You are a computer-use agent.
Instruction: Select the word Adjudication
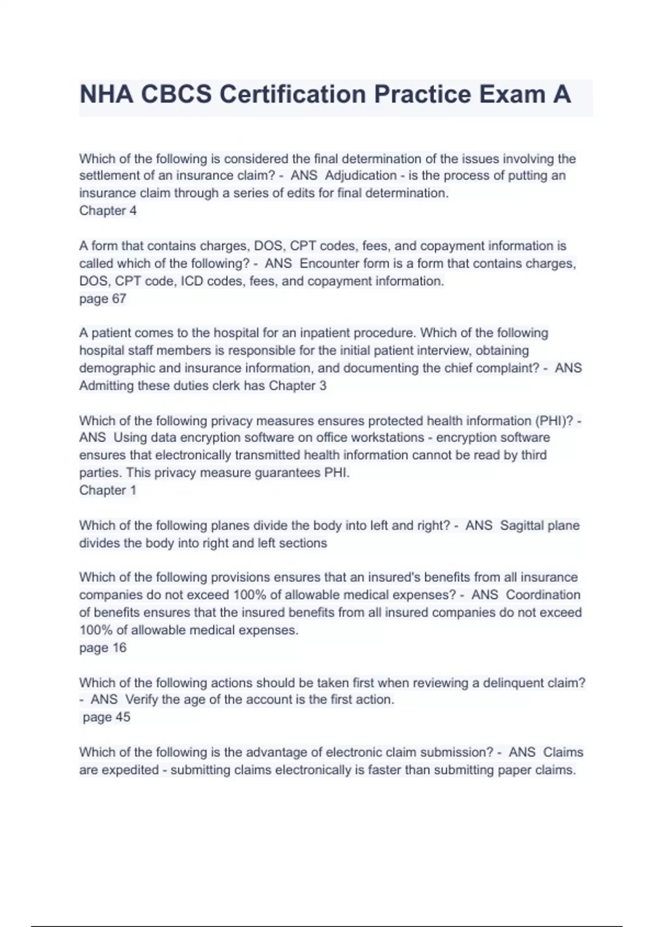pyautogui.click(x=360, y=176)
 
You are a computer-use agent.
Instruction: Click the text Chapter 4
pyautogui.click(x=108, y=210)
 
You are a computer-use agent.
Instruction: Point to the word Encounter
pyautogui.click(x=328, y=263)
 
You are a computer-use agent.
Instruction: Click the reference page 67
pyautogui.click(x=102, y=299)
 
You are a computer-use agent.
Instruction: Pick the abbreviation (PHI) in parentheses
pyautogui.click(x=553, y=420)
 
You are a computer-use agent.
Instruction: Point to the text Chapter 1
pyautogui.click(x=108, y=490)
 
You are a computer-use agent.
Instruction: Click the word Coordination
pyautogui.click(x=543, y=595)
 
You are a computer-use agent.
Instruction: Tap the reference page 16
pyautogui.click(x=102, y=648)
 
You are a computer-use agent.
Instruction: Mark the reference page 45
pyautogui.click(x=106, y=717)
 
